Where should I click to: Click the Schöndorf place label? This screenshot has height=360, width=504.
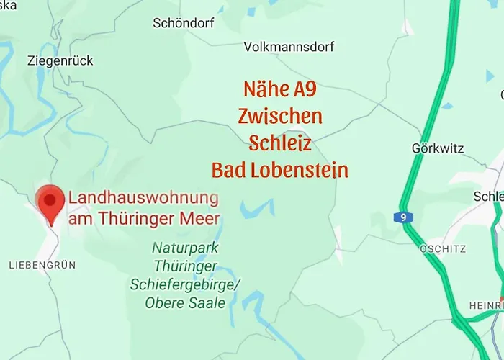pos(184,23)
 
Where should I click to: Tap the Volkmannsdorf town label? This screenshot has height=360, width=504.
pos(289,47)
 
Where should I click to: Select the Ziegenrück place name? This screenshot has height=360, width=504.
pos(60,61)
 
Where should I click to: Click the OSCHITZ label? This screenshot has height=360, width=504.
pos(442,248)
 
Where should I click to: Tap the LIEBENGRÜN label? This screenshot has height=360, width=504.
pos(42,266)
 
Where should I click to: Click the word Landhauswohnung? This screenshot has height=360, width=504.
pos(143,197)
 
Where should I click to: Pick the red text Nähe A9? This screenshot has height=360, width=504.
pos(280,90)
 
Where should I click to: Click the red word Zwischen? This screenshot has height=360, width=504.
pos(280,116)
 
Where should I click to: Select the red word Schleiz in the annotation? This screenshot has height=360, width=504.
pos(280,143)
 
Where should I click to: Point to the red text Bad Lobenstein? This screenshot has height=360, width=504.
pos(280,170)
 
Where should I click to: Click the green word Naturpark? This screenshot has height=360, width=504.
pos(185,248)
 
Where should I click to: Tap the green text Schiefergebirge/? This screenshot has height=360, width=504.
pos(185,284)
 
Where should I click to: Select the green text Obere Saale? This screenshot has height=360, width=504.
pos(185,303)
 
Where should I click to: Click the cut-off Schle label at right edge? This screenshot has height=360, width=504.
pos(488,197)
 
